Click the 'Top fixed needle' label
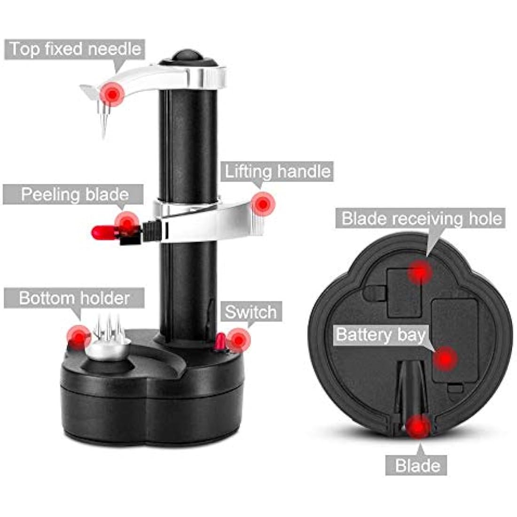click(x=74, y=49)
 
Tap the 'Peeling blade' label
click(x=74, y=194)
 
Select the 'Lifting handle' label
click(x=277, y=172)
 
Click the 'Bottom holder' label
click(x=74, y=298)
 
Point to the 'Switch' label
click(x=251, y=312)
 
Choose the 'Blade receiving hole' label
click(x=421, y=219)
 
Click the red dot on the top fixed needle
click(x=112, y=94)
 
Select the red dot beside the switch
click(x=239, y=339)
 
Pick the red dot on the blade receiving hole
click(x=420, y=272)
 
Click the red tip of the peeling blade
click(x=100, y=232)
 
